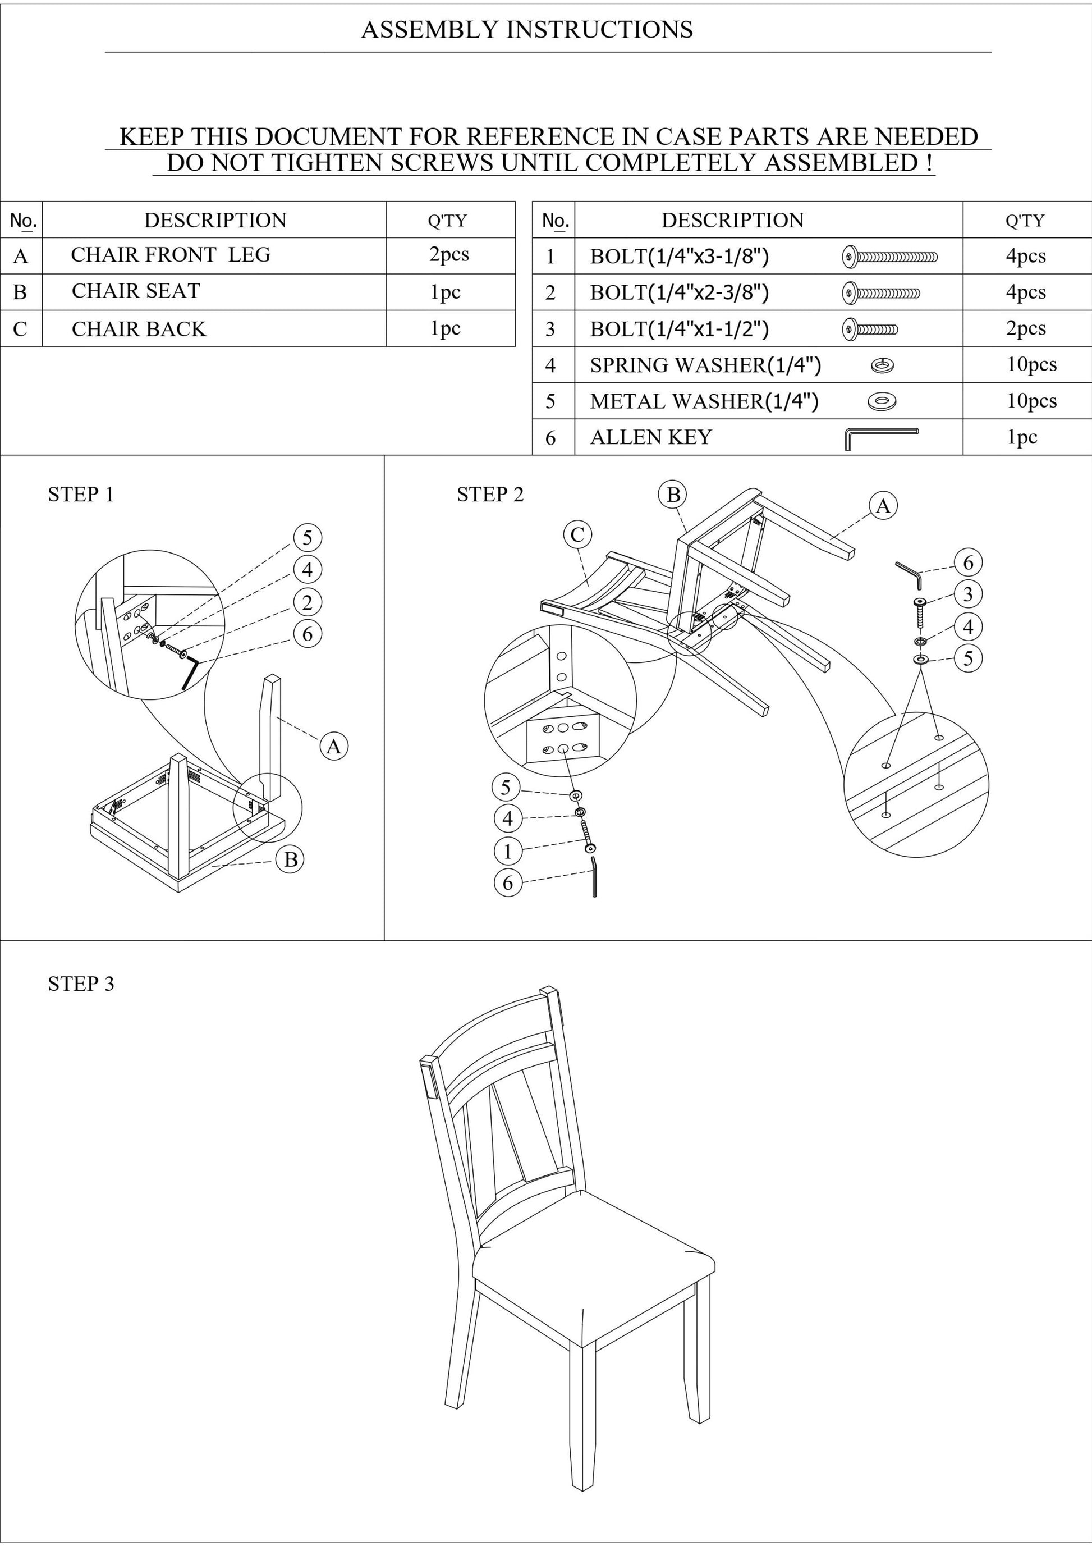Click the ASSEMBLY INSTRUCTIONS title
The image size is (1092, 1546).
[527, 30]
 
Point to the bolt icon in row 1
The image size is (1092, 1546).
[889, 257]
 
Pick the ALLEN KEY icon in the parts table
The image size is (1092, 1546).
[880, 438]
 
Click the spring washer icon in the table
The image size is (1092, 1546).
[883, 365]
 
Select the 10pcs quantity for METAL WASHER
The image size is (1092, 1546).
[1031, 401]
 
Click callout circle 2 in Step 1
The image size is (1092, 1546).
[308, 602]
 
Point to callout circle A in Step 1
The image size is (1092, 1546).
[334, 746]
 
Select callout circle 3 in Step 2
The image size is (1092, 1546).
[968, 594]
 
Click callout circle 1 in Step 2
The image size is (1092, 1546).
[508, 851]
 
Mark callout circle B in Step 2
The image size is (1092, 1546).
[673, 495]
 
